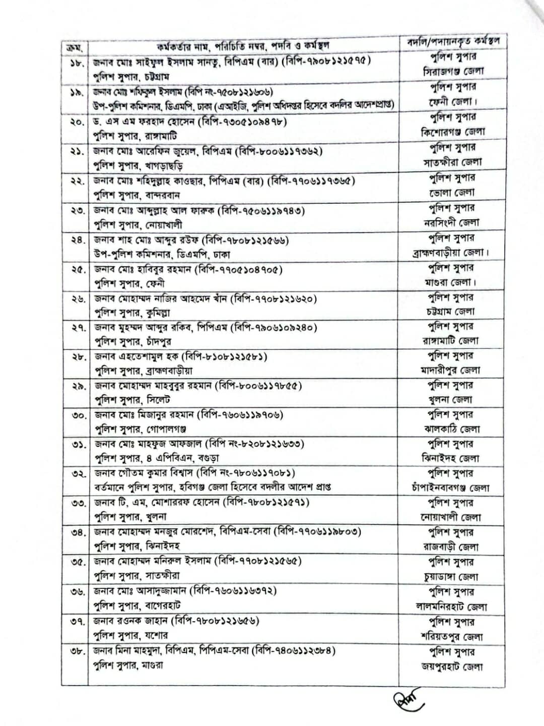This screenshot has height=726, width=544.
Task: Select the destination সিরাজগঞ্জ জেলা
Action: tap(453, 72)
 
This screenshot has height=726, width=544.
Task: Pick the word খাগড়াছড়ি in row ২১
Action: tap(164, 165)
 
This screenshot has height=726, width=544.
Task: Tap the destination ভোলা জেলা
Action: tap(452, 193)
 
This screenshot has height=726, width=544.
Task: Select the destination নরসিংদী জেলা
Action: tap(451, 222)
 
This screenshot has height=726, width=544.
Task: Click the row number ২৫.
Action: tap(79, 270)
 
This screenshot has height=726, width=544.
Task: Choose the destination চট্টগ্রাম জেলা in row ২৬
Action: tap(450, 312)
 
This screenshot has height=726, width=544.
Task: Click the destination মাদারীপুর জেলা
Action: tap(450, 370)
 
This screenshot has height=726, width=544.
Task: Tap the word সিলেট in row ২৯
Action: tap(158, 400)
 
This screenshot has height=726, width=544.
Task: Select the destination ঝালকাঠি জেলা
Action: tap(451, 430)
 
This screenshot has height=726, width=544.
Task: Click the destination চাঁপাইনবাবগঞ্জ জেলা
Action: tap(450, 488)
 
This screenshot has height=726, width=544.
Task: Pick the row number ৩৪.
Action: tap(79, 532)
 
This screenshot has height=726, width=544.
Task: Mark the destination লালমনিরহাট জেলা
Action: tap(451, 607)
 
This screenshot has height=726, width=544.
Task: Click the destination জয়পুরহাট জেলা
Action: tap(452, 667)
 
